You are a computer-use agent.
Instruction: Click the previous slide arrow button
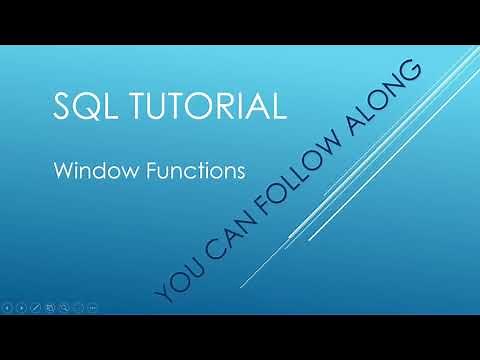pos(7,307)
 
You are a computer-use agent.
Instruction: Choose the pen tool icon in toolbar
pos(36,307)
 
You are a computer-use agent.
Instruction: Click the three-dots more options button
pos(93,307)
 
